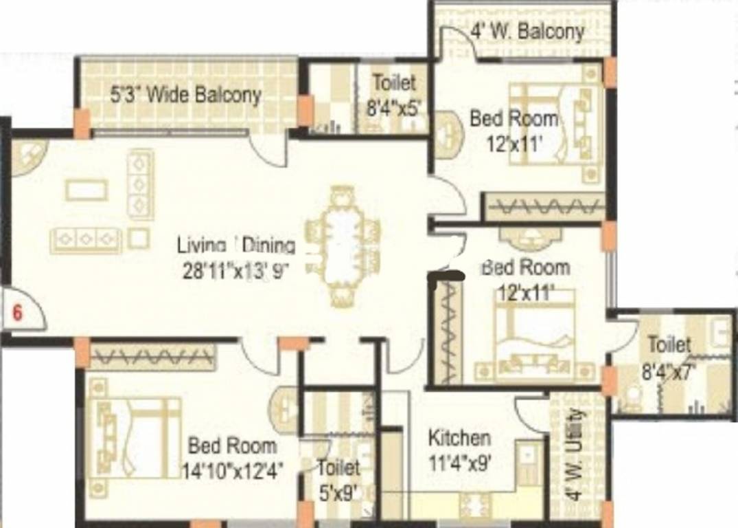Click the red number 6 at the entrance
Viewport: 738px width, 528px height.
18,312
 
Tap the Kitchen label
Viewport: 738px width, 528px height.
459,438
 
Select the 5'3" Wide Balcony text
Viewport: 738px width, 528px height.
185,94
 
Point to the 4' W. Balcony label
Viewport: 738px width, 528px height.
527,31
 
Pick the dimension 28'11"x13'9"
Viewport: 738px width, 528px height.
235,270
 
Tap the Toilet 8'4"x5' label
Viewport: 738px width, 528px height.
394,93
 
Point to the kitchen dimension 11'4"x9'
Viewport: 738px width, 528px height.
459,462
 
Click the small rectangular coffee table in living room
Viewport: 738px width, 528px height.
86,189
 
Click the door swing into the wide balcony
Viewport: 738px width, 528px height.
268,149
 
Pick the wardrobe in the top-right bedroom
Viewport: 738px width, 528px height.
545,207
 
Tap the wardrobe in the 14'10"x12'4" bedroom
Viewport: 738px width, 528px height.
152,357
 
